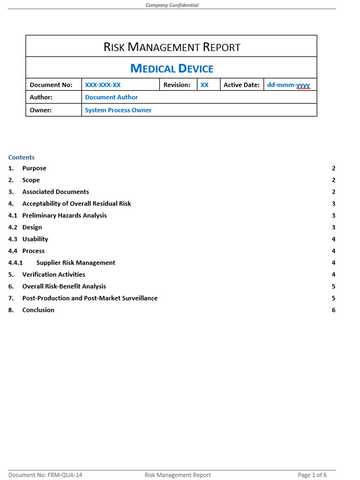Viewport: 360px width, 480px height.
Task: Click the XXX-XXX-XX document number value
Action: [x=104, y=86]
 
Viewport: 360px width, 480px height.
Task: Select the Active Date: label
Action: [x=242, y=86]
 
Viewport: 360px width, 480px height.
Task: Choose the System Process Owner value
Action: [x=123, y=112]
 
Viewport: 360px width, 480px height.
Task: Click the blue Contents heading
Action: [x=21, y=158]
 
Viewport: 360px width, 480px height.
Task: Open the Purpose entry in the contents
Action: [x=35, y=169]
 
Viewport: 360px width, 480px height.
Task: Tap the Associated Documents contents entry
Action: [x=56, y=191]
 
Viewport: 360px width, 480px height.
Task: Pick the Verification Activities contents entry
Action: [x=58, y=274]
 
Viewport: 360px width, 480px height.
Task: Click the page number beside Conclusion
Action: [x=332, y=310]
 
